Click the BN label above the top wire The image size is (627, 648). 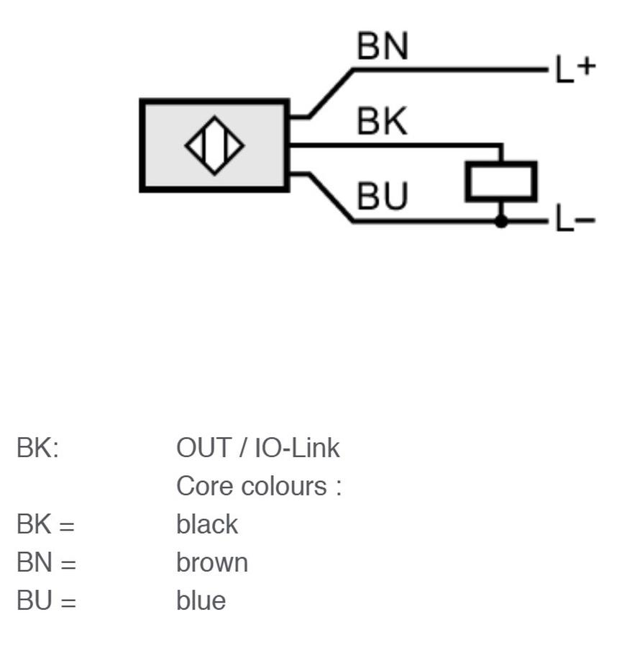click(383, 46)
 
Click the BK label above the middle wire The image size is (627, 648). click(383, 121)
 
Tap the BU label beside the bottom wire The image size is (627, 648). click(383, 196)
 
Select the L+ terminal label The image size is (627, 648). click(575, 68)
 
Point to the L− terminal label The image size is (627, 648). click(575, 218)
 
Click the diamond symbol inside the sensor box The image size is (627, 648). click(215, 145)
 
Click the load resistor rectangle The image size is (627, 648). click(501, 182)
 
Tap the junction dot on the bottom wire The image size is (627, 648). click(501, 222)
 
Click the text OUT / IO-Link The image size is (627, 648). click(258, 448)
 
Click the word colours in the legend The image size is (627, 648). click(284, 486)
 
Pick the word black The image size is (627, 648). click(207, 524)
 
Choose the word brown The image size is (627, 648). click(212, 562)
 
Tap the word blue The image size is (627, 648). click(201, 600)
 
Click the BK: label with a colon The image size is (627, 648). click(38, 448)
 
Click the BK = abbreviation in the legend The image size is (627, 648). click(46, 524)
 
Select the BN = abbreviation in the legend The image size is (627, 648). click(46, 562)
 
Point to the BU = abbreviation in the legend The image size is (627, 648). click(46, 600)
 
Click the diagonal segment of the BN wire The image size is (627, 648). click(331, 94)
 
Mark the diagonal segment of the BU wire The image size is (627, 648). click(331, 197)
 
